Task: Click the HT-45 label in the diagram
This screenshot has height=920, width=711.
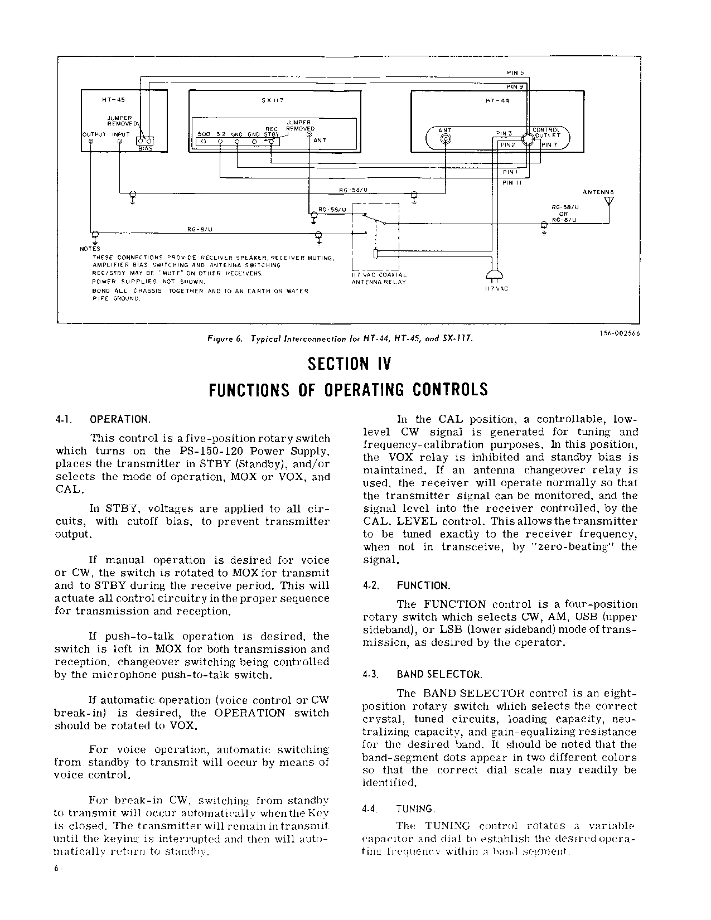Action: click(x=113, y=100)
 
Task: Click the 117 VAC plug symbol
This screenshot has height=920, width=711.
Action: click(x=494, y=275)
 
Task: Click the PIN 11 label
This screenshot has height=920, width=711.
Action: click(x=511, y=183)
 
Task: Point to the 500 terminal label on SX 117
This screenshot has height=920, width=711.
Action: click(x=204, y=134)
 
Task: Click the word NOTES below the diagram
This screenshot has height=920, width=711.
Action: click(x=90, y=249)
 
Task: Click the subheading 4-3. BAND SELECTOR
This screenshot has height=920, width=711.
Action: click(x=422, y=675)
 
